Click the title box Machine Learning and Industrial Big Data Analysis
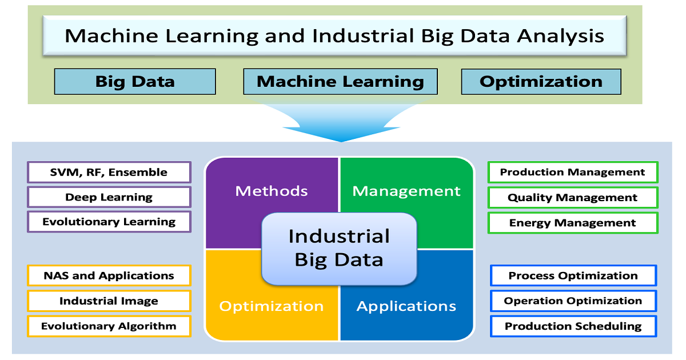(335, 35)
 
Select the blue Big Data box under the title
(135, 81)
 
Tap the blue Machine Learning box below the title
(340, 81)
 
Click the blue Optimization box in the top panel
(541, 81)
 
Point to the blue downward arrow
(341, 122)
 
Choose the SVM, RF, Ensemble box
(109, 173)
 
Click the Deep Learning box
(109, 197)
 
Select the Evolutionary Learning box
(109, 222)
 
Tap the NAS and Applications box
(109, 275)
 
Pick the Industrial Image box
(109, 301)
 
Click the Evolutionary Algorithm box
(109, 326)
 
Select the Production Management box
(573, 173)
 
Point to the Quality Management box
(573, 198)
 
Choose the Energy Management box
(573, 223)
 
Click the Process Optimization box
(573, 275)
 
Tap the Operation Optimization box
(573, 301)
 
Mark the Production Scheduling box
(573, 326)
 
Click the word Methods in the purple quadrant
(272, 191)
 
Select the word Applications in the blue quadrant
(406, 306)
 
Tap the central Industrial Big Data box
(340, 249)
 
